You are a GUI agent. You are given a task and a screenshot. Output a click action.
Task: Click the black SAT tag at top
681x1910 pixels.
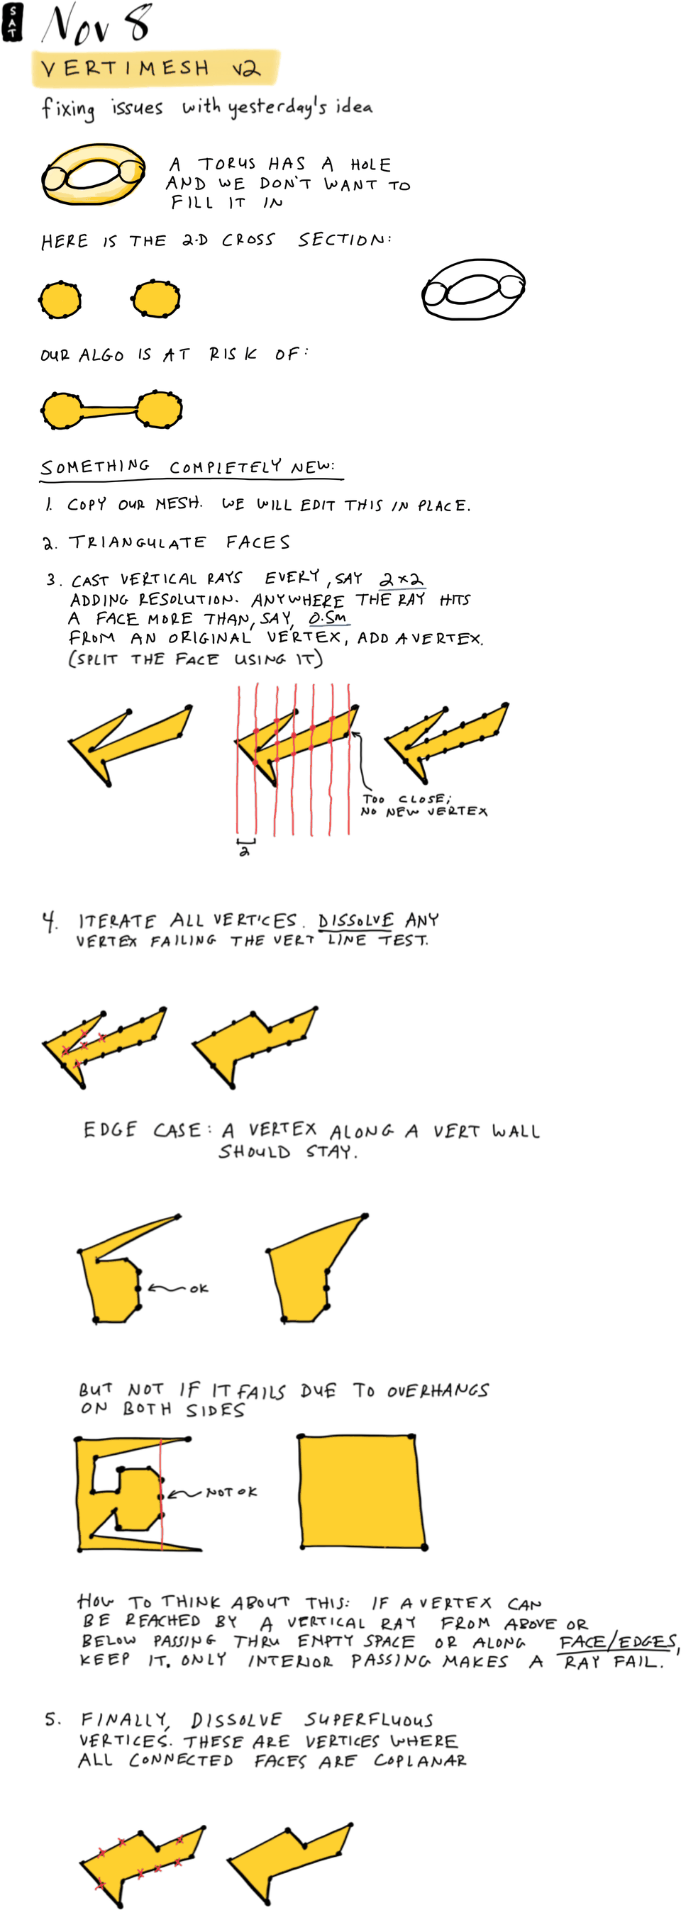12,21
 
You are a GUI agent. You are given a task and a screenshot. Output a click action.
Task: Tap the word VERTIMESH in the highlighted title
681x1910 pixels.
125,69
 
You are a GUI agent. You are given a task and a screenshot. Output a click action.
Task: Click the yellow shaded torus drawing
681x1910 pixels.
94,174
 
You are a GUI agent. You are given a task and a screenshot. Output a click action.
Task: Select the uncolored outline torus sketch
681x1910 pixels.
473,289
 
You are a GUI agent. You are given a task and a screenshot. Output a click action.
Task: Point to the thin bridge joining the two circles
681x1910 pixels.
110,408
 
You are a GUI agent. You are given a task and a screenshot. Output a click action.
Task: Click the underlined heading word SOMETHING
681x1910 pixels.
95,467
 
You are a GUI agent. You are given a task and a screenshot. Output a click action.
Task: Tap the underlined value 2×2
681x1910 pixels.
402,579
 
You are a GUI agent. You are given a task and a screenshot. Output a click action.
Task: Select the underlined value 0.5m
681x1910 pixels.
328,618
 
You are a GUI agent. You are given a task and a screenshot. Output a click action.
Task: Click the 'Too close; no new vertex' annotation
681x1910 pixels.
423,805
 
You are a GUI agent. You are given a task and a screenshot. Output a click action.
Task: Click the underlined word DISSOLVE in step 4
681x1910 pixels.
355,921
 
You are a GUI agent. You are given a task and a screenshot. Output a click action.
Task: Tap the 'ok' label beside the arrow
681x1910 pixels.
199,1289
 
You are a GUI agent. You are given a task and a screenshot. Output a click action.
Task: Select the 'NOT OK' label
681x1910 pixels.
231,1491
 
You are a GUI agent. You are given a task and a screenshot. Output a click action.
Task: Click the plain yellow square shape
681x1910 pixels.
362,1492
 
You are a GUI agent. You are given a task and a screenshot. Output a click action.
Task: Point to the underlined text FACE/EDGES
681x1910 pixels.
617,1641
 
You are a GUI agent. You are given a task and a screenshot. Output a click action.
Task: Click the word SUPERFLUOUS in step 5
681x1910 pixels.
369,1719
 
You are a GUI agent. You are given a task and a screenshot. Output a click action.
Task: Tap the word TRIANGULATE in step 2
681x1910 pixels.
137,543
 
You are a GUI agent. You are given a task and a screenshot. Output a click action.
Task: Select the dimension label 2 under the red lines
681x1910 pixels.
244,852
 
